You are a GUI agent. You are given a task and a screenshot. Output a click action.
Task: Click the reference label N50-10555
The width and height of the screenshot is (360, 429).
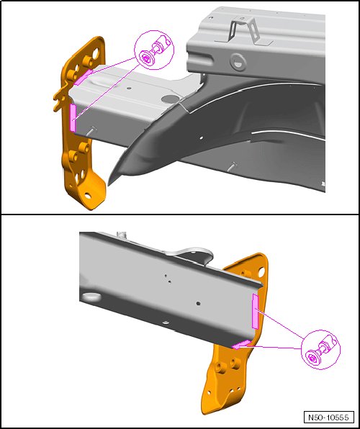click(x=328, y=417)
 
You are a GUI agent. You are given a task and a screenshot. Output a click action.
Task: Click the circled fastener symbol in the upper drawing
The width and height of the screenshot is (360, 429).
click(x=154, y=50)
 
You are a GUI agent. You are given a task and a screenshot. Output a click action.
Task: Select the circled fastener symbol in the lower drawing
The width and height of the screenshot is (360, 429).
click(x=320, y=349)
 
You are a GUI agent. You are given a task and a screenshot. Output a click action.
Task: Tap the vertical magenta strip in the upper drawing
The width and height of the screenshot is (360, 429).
click(x=73, y=117)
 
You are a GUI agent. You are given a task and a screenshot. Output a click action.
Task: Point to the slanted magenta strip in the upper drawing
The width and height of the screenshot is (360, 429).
click(x=84, y=77)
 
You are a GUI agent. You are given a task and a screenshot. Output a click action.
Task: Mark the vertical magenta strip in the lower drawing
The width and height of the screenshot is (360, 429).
click(x=255, y=312)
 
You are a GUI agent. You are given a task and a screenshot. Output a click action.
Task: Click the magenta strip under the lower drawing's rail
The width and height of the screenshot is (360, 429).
click(x=241, y=345)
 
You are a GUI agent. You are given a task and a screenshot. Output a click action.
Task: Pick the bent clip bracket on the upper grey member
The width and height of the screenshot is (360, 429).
click(x=243, y=30)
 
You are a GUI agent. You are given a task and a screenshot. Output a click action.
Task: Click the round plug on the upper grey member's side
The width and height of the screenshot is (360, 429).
click(x=238, y=62)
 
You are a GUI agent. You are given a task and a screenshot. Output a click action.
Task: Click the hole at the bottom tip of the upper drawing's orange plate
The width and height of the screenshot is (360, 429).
click(x=88, y=196)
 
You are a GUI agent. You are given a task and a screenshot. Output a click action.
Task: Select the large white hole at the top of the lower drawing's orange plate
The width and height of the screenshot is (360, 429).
click(x=261, y=271)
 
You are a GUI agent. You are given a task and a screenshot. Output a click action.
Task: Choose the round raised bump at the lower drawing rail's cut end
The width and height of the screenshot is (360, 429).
click(x=91, y=297)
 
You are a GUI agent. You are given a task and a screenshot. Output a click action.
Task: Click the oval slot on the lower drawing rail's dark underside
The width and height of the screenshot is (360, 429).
click(x=165, y=322)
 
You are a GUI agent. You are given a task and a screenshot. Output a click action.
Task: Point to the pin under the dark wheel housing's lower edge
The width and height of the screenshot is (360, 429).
click(x=233, y=166)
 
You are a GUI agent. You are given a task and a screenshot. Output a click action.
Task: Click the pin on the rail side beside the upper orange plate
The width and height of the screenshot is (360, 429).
click(x=93, y=130)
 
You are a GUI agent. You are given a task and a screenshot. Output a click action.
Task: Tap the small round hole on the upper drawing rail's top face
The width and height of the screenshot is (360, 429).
click(x=129, y=89)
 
